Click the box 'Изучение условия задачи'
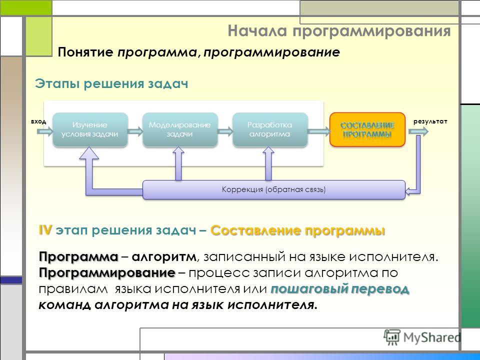pos(90,129)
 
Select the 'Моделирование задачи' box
pos(180,129)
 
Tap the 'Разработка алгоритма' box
pos(270,129)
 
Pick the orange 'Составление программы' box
pos(367,129)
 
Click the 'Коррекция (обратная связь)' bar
pos(274,190)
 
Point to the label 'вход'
pos(38,121)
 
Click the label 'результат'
pos(430,121)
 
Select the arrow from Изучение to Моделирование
pos(135,131)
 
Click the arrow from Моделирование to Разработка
pos(225,131)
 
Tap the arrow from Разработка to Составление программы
pos(318,131)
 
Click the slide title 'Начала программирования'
pos(339,31)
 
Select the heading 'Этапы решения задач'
pos(111,83)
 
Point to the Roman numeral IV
pos(45,230)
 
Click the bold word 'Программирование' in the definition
pos(107,272)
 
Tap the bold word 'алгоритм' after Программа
pos(164,256)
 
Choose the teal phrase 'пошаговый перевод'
pos(340,288)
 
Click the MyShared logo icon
pos(392,337)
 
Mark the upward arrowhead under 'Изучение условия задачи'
pos(89,153)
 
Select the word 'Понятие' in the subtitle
pos(85,52)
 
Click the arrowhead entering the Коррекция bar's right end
pos(408,191)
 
